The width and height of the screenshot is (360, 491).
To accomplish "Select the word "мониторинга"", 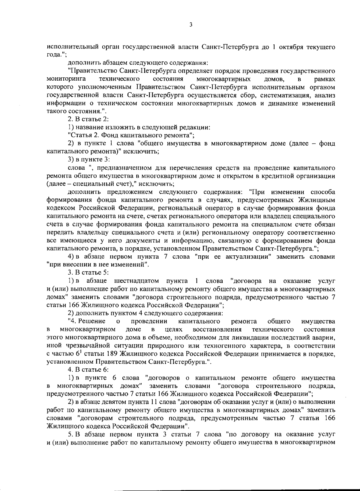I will click(x=66, y=79).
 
